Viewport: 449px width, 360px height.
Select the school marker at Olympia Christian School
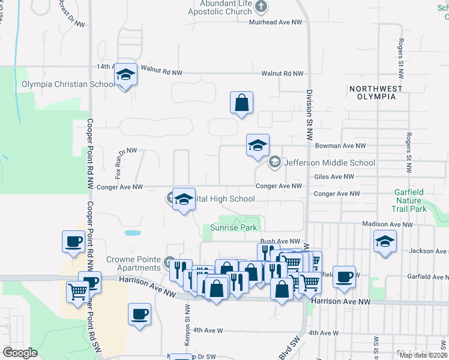point(125,75)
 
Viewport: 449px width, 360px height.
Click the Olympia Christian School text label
point(68,85)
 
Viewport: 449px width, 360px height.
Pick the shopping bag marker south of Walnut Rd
point(241,103)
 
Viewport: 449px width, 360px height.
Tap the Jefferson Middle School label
point(330,163)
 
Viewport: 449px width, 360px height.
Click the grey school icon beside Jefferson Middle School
point(275,161)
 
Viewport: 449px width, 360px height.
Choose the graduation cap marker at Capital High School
point(184,199)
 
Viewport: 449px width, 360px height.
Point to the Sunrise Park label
point(234,227)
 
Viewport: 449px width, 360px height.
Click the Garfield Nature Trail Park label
point(410,200)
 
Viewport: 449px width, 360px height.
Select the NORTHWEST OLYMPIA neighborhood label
point(375,93)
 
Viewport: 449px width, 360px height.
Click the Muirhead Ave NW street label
point(275,22)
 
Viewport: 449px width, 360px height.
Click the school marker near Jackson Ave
point(384,242)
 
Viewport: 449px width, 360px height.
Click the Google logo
point(20,353)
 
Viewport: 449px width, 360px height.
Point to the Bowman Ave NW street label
point(339,146)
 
